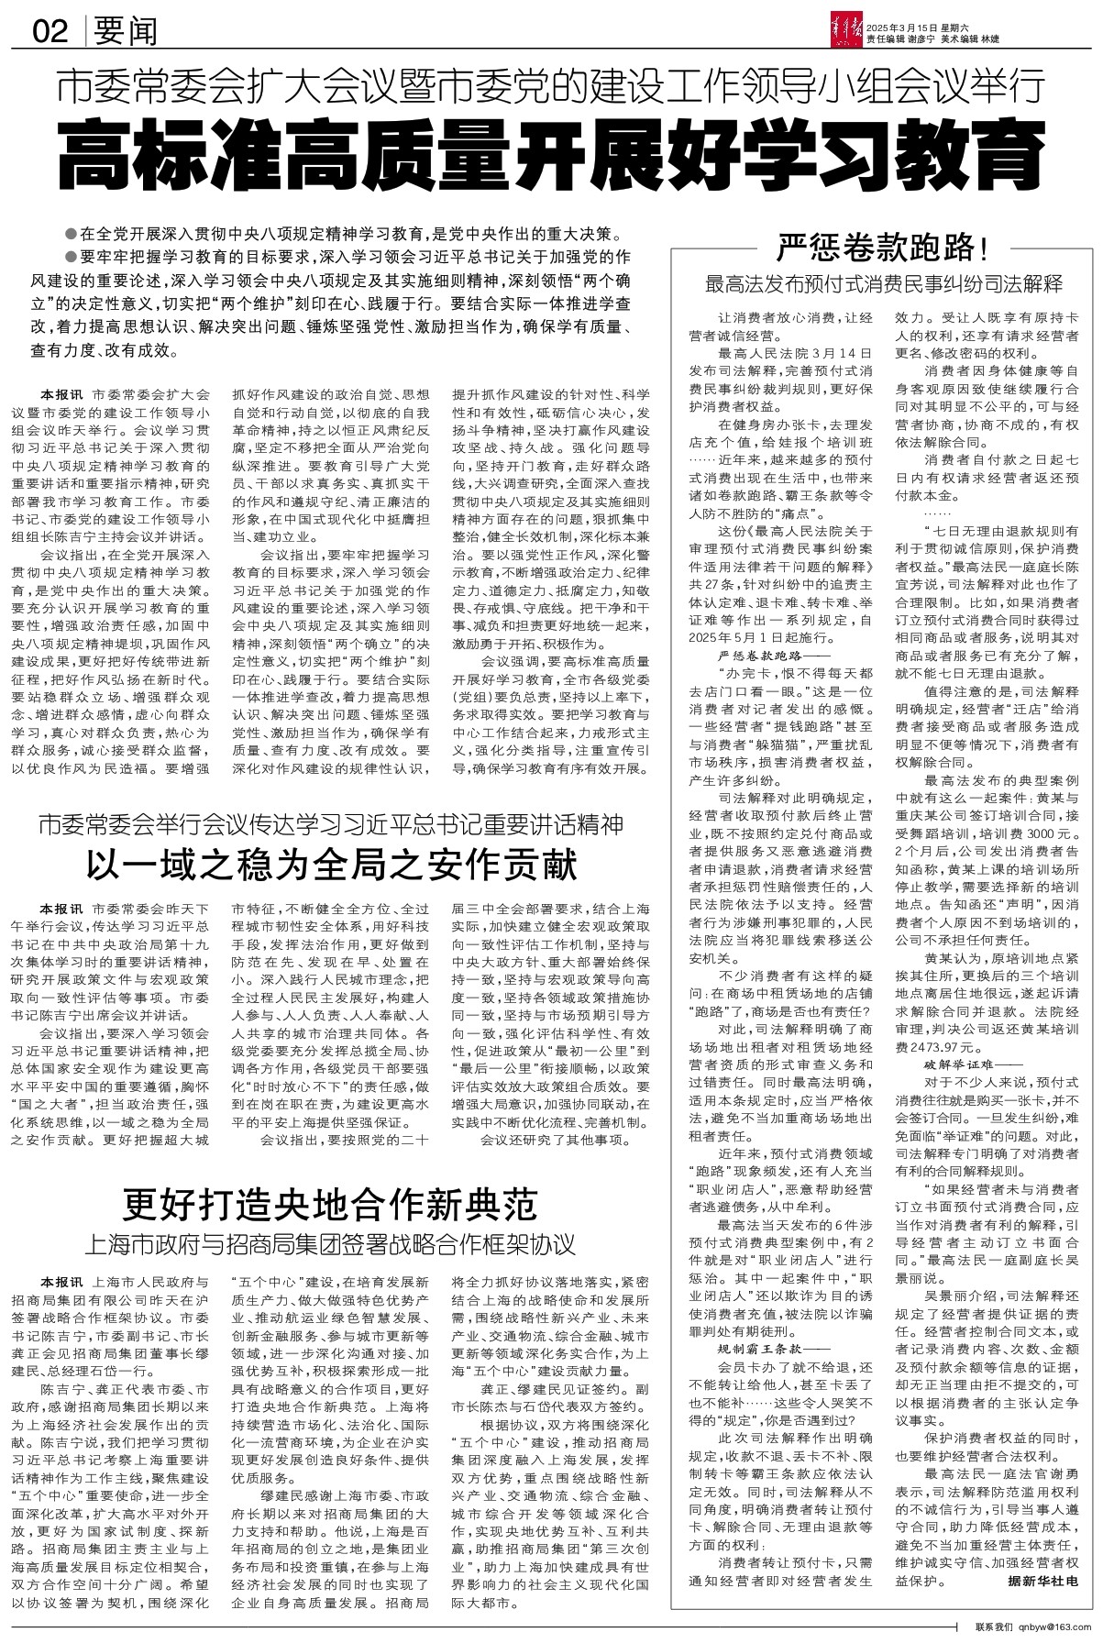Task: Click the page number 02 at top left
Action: point(50,33)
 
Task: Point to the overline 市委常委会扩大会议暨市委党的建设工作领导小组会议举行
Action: point(551,90)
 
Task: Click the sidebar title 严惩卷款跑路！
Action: point(884,247)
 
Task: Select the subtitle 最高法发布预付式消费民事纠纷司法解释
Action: point(884,282)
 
